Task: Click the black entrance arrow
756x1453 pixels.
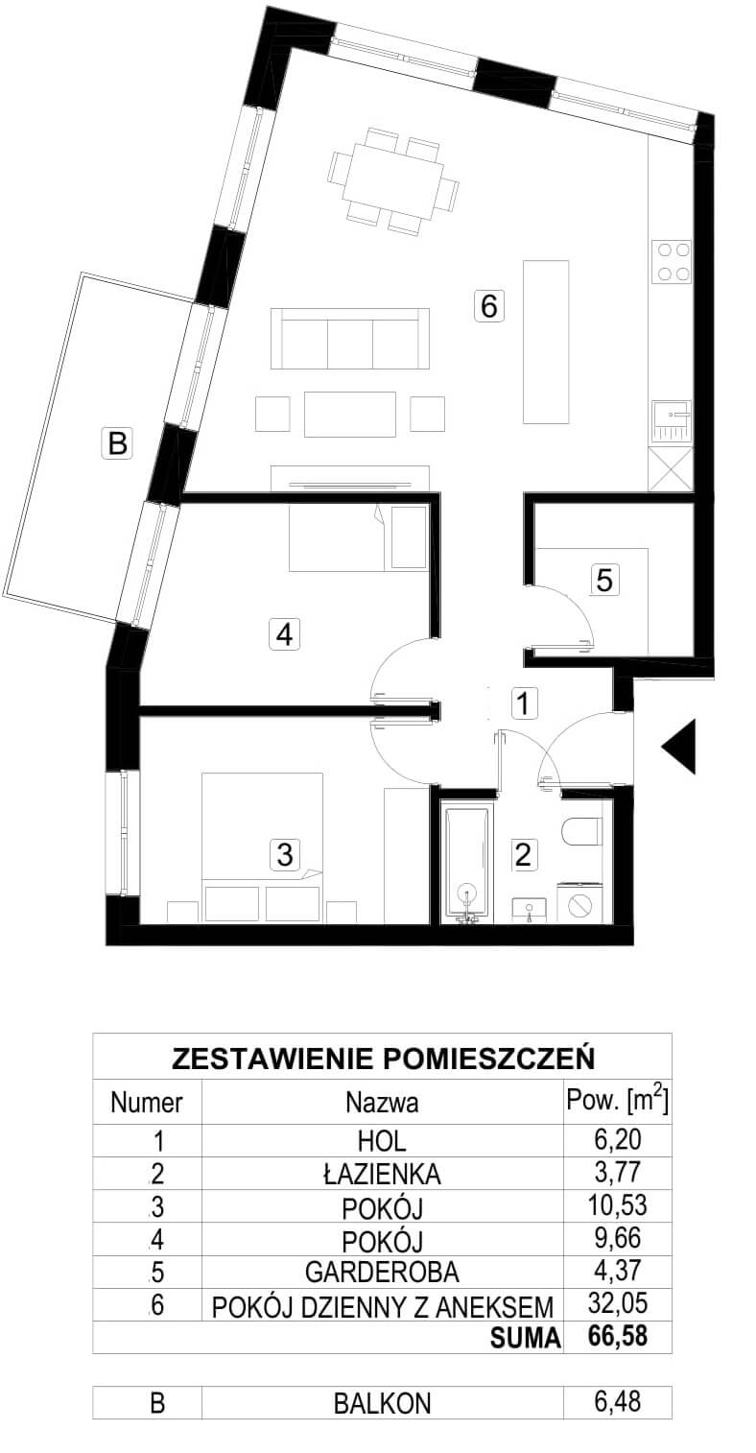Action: [x=682, y=747]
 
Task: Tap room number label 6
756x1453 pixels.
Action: [x=489, y=305]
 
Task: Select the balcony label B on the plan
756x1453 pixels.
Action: [x=117, y=443]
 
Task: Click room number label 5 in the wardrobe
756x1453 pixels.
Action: [x=604, y=580]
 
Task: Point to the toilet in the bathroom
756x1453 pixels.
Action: [x=581, y=831]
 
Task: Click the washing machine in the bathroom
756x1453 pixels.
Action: [x=579, y=902]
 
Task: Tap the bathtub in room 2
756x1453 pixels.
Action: [x=466, y=863]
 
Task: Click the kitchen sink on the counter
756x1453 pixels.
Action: [x=673, y=422]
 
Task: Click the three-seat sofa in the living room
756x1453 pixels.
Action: [x=350, y=339]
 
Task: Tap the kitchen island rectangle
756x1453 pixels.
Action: [x=547, y=342]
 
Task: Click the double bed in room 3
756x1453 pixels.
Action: [x=263, y=846]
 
